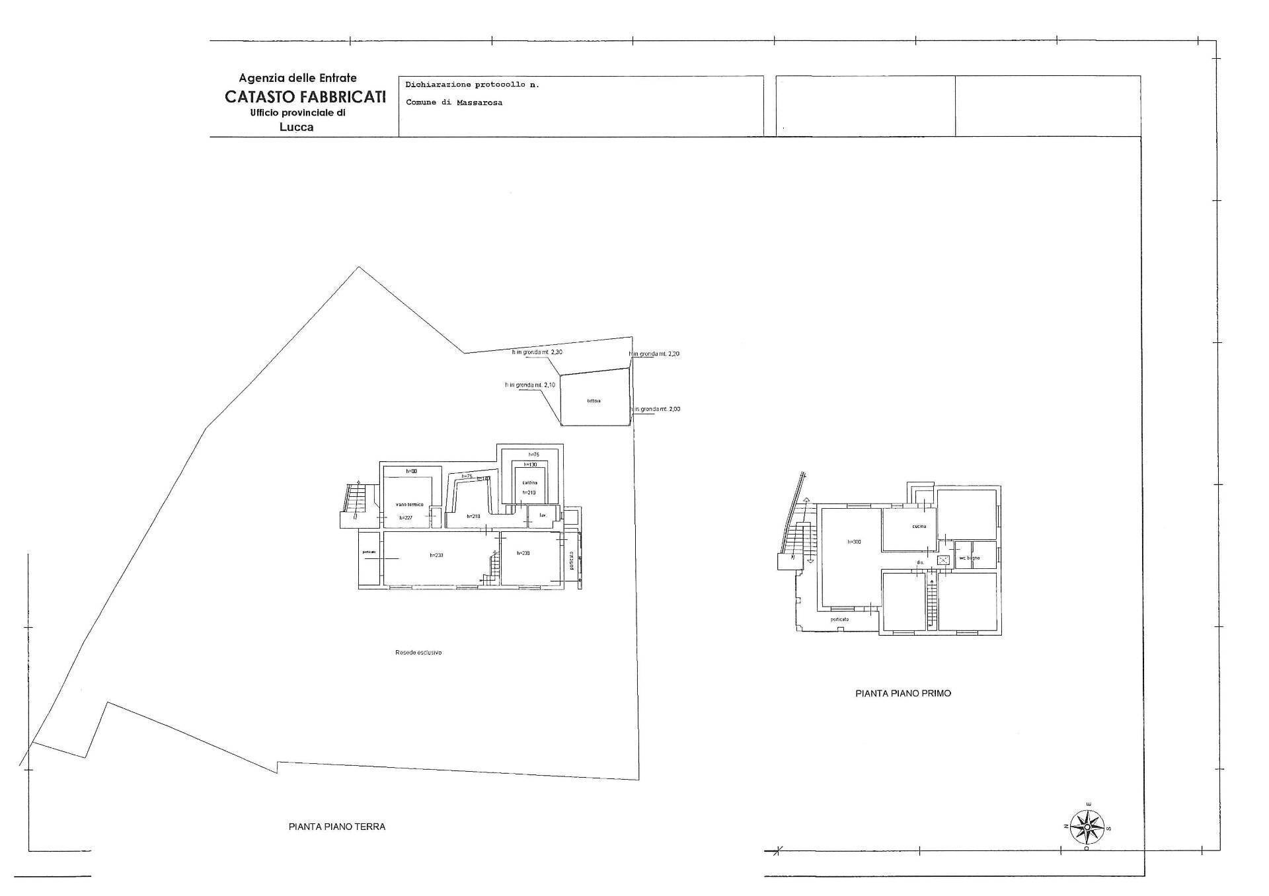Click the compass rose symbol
click(1087, 827)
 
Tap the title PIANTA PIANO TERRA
click(336, 826)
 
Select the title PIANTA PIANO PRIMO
click(903, 693)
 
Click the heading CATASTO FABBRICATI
click(305, 96)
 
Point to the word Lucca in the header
click(296, 127)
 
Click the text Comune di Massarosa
click(453, 102)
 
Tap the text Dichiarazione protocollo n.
click(472, 85)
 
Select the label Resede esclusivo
click(418, 652)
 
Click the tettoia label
click(593, 401)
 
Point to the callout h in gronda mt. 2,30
click(537, 352)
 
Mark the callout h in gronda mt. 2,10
click(530, 385)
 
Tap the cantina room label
click(529, 482)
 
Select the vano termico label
click(409, 504)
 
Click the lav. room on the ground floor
click(543, 515)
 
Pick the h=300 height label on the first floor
click(854, 542)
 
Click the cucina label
click(919, 526)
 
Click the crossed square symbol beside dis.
click(943, 560)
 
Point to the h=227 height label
click(405, 517)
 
